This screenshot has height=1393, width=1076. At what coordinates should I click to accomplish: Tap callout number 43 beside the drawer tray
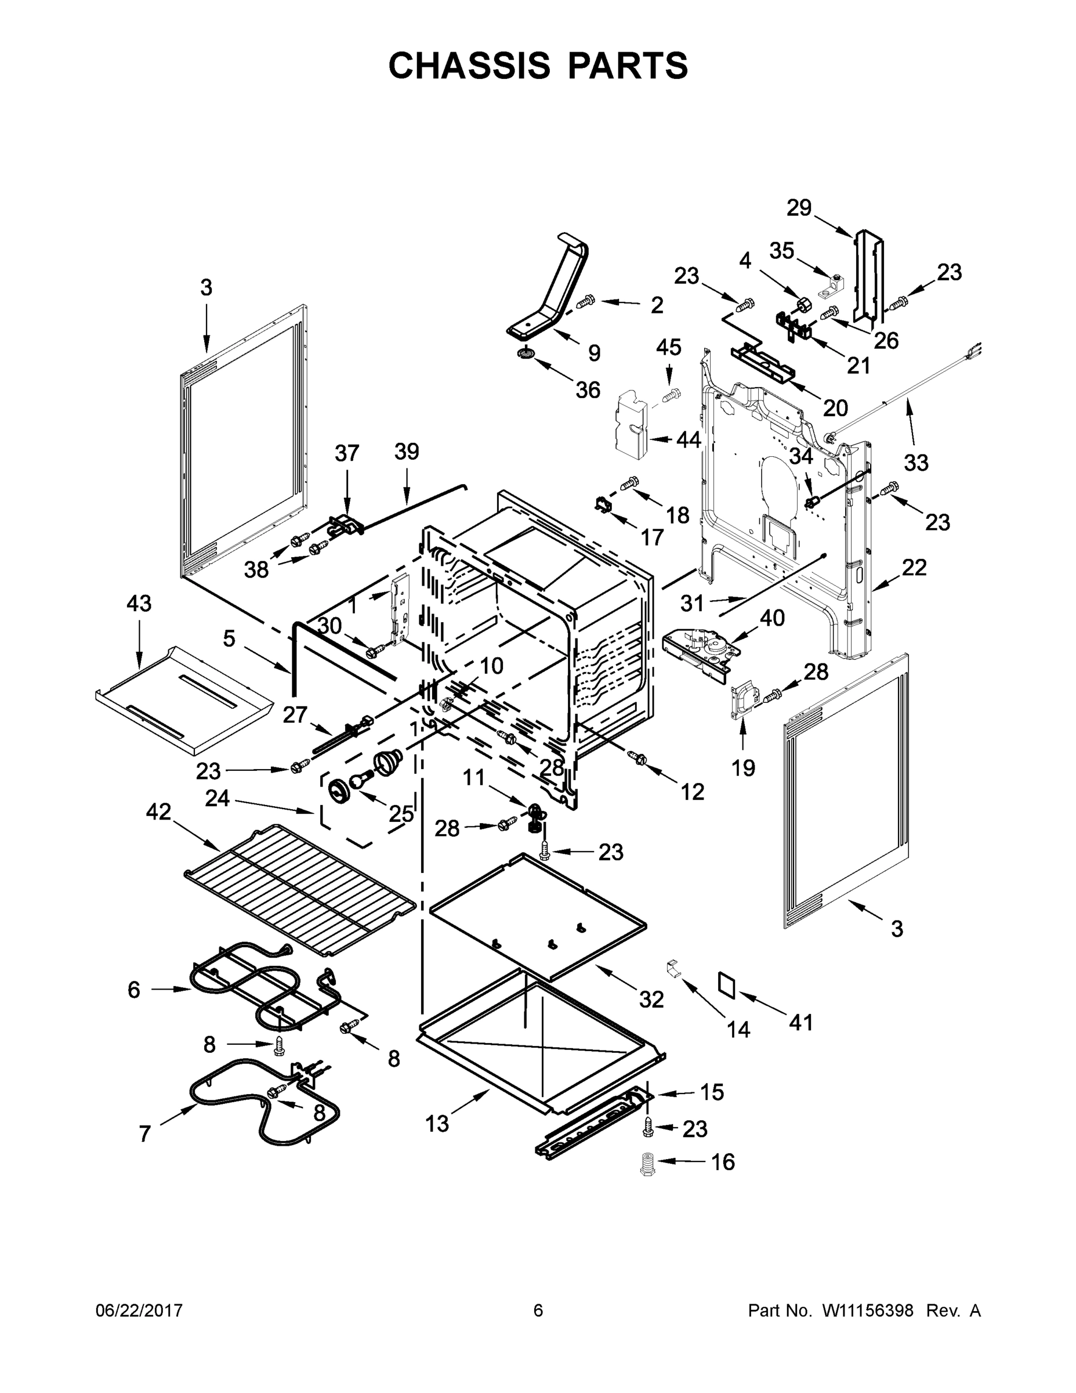139,604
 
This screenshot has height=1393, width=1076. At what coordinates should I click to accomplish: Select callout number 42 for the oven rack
159,812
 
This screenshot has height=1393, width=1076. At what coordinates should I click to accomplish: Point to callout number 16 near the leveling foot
723,1162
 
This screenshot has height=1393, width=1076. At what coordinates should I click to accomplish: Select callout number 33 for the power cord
916,463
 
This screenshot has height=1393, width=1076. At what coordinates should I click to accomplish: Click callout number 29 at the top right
799,208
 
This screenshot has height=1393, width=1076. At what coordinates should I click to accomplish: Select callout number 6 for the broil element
133,989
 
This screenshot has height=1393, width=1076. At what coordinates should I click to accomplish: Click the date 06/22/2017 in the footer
139,1311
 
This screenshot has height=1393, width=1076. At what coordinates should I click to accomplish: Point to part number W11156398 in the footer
868,1311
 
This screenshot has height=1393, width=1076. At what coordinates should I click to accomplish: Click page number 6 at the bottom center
538,1311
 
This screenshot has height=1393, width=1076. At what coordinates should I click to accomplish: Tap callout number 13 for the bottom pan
437,1124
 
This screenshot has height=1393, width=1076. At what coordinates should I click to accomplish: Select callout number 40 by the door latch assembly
772,618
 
